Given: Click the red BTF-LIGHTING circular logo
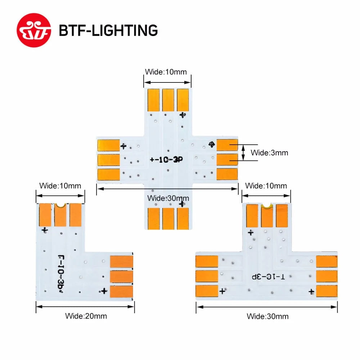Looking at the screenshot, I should (x=35, y=30).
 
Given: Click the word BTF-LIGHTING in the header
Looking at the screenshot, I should (x=108, y=30).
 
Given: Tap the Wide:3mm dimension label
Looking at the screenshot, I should (x=269, y=153).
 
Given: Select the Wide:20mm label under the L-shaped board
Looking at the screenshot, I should (x=86, y=316).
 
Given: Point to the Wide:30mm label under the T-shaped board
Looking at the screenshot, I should (x=267, y=316).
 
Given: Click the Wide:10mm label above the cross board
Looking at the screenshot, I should (x=166, y=72).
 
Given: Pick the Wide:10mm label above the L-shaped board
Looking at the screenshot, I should (x=60, y=186).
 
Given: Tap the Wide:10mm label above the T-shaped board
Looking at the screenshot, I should (x=266, y=186).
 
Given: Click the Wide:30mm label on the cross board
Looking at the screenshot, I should (x=168, y=198).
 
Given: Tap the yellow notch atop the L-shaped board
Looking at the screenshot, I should (x=60, y=206).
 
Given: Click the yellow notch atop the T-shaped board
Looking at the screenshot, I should (x=267, y=206).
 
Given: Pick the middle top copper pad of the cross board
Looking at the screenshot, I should (x=168, y=99).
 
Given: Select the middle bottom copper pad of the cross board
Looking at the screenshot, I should (x=168, y=218).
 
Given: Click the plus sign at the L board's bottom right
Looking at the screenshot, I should (x=104, y=291).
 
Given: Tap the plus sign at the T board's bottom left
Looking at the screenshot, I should (x=222, y=291).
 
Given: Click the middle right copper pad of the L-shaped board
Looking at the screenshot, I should (x=121, y=276).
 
